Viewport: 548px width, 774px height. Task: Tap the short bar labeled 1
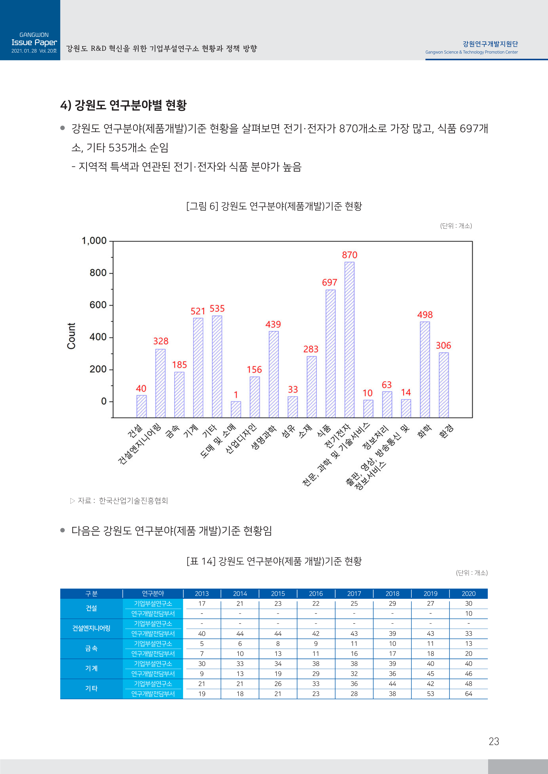tap(236, 409)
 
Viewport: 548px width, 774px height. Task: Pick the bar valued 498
tap(425, 369)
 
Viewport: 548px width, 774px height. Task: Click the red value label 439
tap(273, 324)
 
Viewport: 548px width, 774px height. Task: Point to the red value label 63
tap(387, 385)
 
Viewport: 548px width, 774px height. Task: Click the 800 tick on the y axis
tap(98, 273)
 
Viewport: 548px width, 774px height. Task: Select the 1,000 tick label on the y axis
tap(94, 241)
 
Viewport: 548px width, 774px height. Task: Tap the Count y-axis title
tap(71, 336)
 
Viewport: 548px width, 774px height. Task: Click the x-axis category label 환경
tap(446, 432)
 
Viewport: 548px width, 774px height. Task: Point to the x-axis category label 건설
tap(135, 432)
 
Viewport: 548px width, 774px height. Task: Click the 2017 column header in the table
tap(354, 593)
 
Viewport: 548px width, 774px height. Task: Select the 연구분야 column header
tap(153, 593)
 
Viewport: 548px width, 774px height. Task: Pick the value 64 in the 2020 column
tap(468, 694)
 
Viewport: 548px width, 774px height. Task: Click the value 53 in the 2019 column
tap(430, 694)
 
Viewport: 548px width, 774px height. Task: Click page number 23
tap(494, 741)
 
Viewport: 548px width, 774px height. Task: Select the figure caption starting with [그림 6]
tap(274, 206)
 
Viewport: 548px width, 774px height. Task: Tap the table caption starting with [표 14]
tap(274, 561)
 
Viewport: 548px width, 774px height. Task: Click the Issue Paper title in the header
tap(34, 43)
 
